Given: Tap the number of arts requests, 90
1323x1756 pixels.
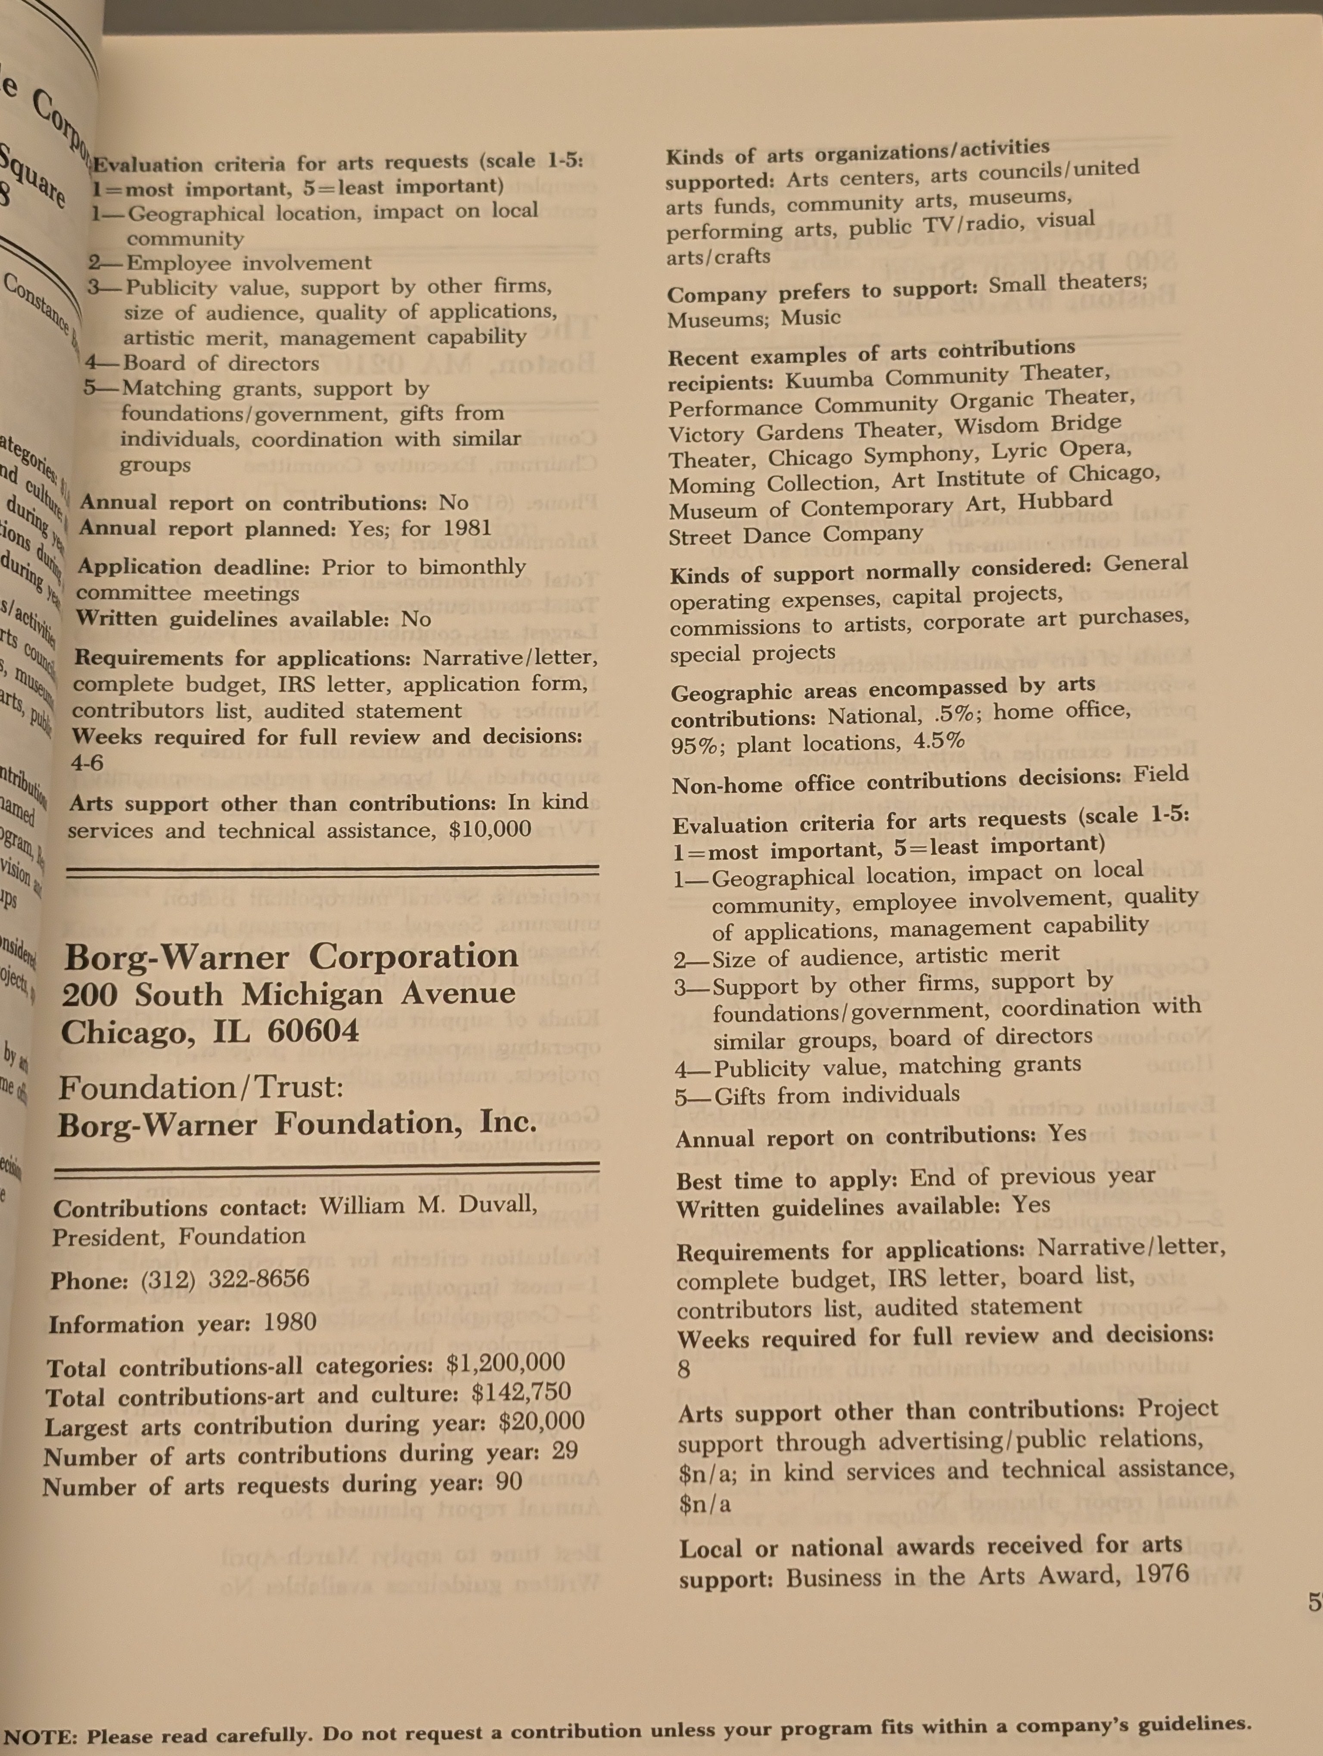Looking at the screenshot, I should click(509, 1481).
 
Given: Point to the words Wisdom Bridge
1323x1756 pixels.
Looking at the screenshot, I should click(1038, 425).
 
